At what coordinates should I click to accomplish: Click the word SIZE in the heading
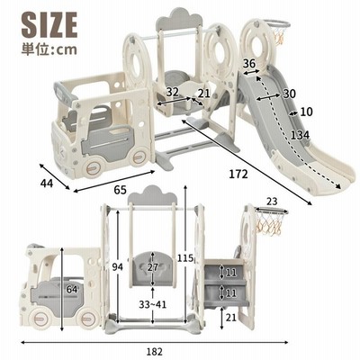[x=49, y=25]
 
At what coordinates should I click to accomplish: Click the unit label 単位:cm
[x=49, y=49]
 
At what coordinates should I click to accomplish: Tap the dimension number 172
[x=238, y=174]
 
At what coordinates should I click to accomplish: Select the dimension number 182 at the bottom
[x=155, y=352]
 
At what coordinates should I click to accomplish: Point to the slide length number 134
[x=300, y=135]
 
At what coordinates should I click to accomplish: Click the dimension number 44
[x=47, y=183]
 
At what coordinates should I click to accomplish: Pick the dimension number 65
[x=120, y=190]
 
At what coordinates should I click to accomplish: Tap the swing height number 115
[x=185, y=257]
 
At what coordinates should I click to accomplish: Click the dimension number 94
[x=117, y=266]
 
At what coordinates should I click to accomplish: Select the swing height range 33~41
[x=153, y=305]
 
